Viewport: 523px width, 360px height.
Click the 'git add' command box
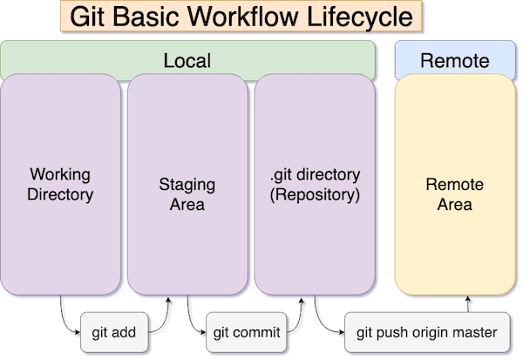click(x=114, y=332)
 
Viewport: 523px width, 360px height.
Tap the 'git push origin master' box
click(x=427, y=332)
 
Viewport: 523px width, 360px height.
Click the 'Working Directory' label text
click(x=59, y=184)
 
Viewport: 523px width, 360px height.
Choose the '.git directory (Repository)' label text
click(x=315, y=184)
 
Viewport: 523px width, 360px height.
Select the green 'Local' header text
click(x=187, y=61)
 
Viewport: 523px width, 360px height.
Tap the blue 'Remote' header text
click(x=454, y=61)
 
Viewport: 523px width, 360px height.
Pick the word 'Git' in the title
click(x=87, y=17)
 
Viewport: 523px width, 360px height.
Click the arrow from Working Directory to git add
click(x=65, y=318)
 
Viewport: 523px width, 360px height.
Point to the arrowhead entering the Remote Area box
click(x=468, y=301)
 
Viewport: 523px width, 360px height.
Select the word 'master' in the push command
click(x=476, y=332)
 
